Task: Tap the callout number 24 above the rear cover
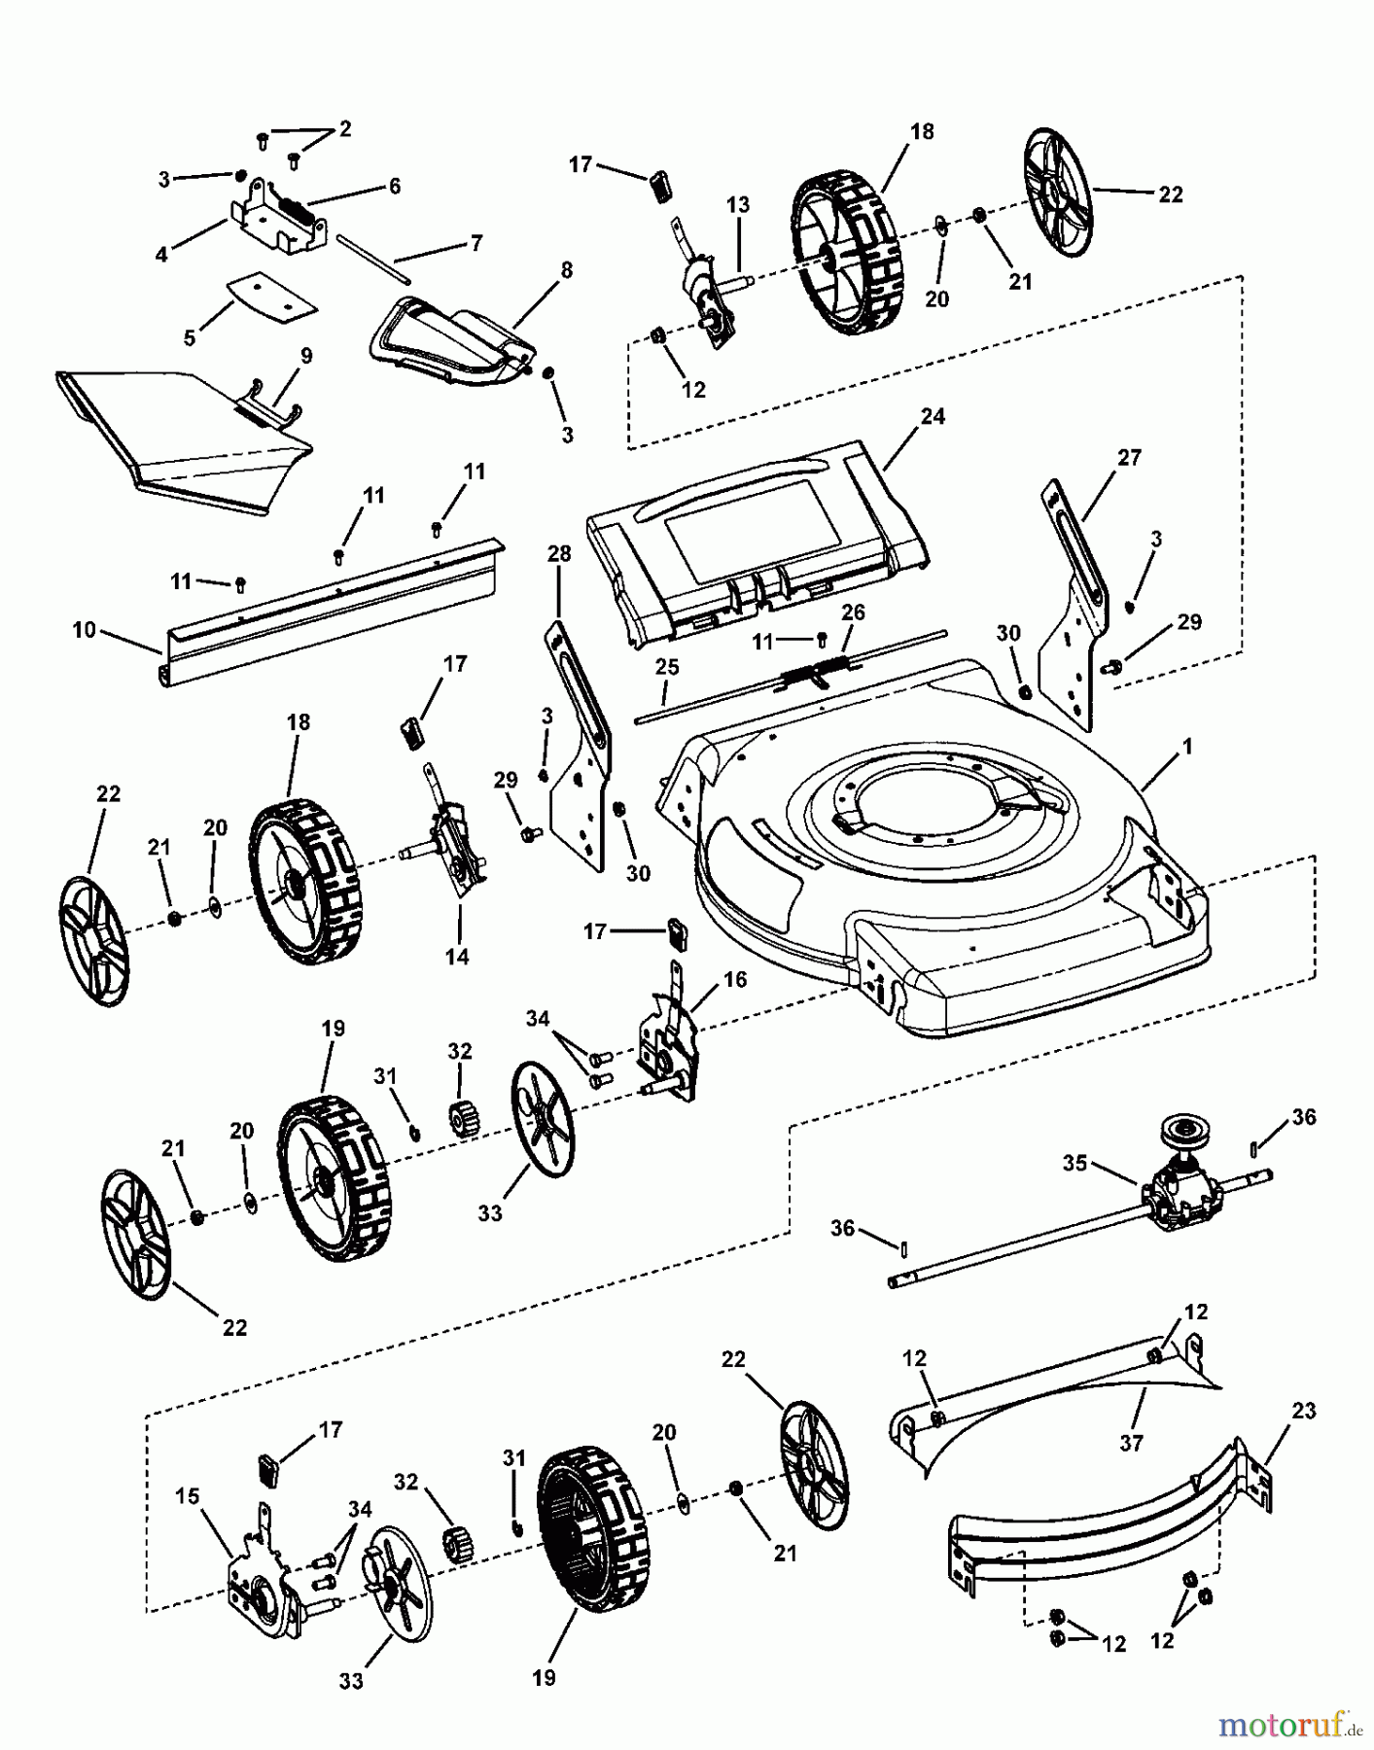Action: (x=933, y=417)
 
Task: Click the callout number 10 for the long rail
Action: (x=84, y=630)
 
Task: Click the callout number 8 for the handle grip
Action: (x=566, y=269)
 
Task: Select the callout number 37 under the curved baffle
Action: (x=1131, y=1443)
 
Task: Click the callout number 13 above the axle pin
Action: (x=738, y=205)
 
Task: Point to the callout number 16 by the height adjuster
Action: (x=735, y=979)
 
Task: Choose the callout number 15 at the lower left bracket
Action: (x=190, y=1495)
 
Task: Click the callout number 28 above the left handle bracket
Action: (x=558, y=553)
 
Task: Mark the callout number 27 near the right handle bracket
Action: (x=1129, y=457)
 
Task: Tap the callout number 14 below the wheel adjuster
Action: (x=456, y=957)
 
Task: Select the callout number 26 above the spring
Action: (x=852, y=613)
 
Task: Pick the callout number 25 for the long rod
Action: (x=666, y=668)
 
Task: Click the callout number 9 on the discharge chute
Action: (x=306, y=356)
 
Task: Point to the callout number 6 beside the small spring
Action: (x=394, y=186)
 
